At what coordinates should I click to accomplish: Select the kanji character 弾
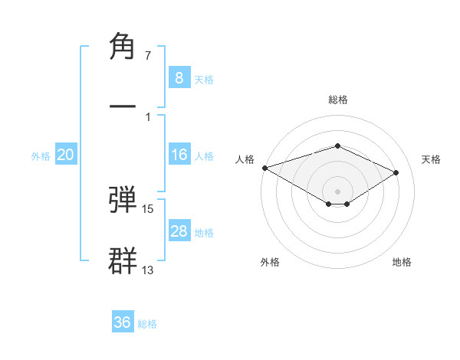point(123,198)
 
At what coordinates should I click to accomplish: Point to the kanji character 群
point(123,260)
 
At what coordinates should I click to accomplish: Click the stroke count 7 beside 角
point(147,56)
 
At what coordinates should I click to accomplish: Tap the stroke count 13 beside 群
point(148,270)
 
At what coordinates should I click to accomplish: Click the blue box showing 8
point(179,78)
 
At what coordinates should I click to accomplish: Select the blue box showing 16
point(179,155)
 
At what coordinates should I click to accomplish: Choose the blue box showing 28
point(179,231)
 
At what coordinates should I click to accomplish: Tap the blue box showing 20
point(65,155)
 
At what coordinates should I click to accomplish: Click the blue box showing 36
point(123,322)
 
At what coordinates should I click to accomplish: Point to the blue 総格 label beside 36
point(148,324)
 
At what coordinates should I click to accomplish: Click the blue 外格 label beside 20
point(41,156)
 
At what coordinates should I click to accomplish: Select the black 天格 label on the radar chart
point(432,159)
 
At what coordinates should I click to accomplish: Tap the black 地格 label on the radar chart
point(402,262)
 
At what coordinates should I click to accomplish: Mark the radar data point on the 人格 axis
point(264,167)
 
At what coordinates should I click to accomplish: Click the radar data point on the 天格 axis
point(396,172)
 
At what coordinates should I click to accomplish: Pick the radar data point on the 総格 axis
point(337,146)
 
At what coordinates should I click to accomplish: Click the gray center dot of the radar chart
point(337,191)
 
